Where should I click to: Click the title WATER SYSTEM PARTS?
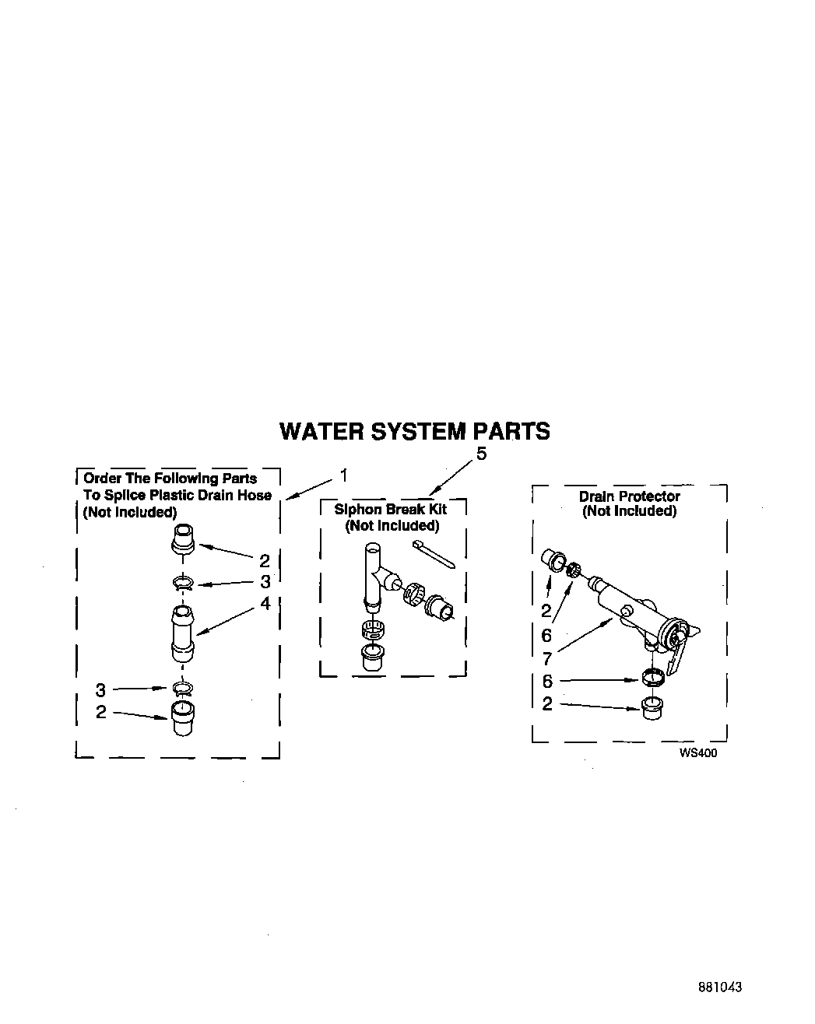click(414, 431)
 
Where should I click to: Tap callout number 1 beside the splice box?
click(343, 475)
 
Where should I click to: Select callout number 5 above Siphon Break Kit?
click(481, 454)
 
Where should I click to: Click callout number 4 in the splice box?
click(265, 602)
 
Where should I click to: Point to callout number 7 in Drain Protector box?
click(546, 657)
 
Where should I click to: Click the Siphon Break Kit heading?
click(391, 510)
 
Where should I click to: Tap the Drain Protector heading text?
click(629, 496)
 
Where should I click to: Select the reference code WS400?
click(697, 752)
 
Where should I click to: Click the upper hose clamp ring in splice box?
click(182, 583)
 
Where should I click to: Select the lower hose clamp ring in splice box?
click(183, 688)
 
